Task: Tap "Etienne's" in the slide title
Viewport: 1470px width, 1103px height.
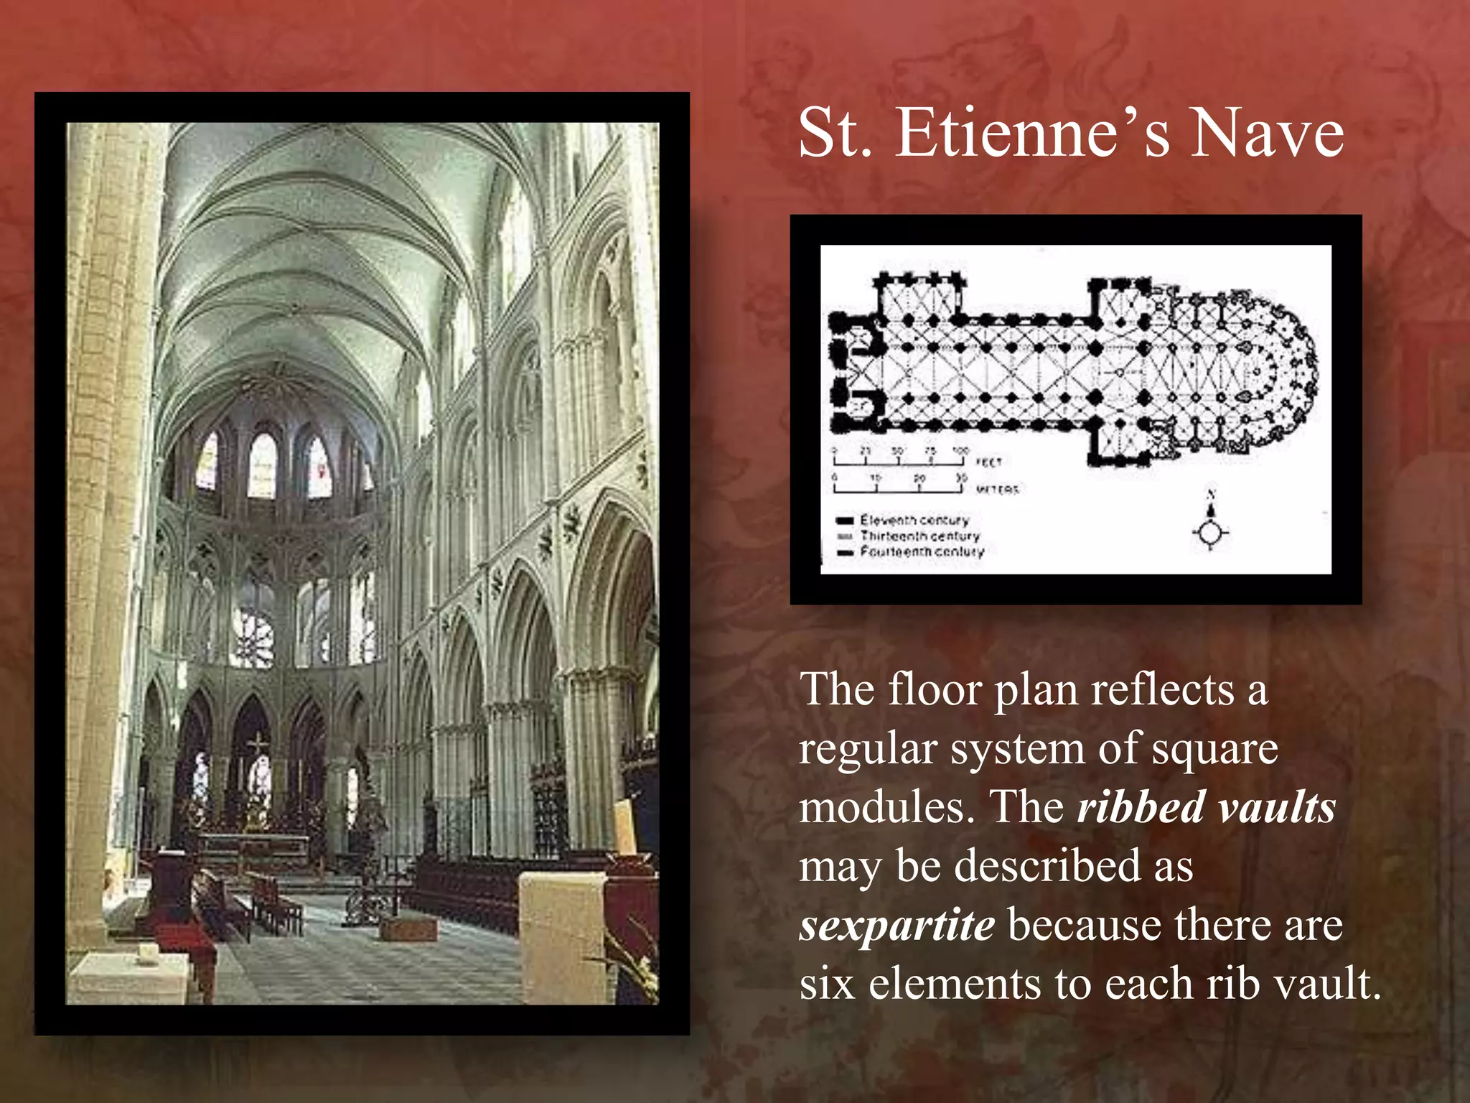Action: tap(1032, 134)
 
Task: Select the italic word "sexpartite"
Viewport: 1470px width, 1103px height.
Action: tap(897, 925)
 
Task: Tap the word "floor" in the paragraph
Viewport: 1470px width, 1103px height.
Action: tap(935, 689)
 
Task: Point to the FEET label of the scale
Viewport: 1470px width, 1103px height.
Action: tap(988, 462)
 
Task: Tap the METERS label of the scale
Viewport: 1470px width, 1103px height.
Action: tap(997, 490)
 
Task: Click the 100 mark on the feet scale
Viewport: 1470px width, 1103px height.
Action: tap(960, 451)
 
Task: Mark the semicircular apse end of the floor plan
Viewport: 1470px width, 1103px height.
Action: tap(1285, 373)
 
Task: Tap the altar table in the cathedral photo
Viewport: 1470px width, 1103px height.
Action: tap(251, 842)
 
